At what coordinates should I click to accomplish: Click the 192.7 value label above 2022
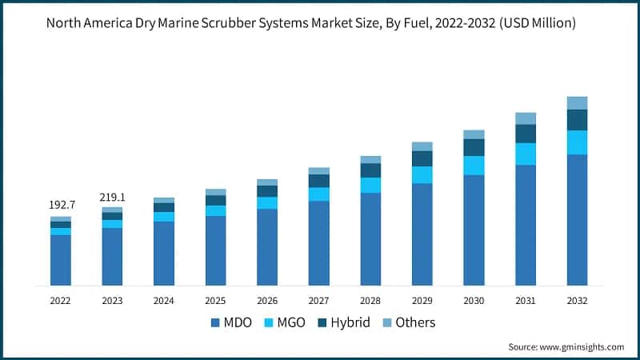(x=60, y=205)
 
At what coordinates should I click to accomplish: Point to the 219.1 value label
(x=112, y=197)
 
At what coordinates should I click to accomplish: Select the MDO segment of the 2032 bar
(x=577, y=220)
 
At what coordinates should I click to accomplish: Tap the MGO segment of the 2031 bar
(x=526, y=154)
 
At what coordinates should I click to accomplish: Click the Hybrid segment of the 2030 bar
(x=474, y=147)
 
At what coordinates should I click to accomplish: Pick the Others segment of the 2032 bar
(x=577, y=103)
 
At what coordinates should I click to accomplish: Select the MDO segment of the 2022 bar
(x=61, y=260)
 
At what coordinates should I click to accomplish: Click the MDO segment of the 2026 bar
(x=267, y=247)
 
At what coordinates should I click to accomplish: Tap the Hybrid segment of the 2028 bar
(x=370, y=170)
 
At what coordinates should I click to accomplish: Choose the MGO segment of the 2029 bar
(x=422, y=175)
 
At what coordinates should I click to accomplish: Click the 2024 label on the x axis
(x=163, y=301)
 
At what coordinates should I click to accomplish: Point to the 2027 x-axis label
(x=318, y=301)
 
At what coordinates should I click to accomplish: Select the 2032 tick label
(x=577, y=301)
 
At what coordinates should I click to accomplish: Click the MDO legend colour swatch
(x=214, y=322)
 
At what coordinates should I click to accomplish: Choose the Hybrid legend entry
(x=350, y=322)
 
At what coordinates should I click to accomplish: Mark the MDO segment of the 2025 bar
(x=215, y=250)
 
